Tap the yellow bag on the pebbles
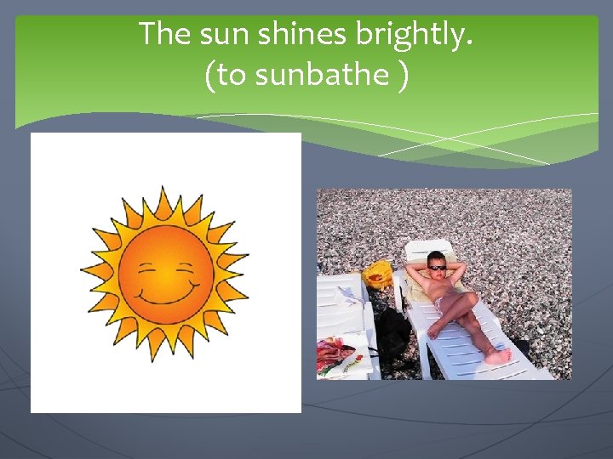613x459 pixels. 378,275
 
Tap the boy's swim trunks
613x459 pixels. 444,303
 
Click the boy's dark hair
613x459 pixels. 437,256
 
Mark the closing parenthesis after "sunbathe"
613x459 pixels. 402,76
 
